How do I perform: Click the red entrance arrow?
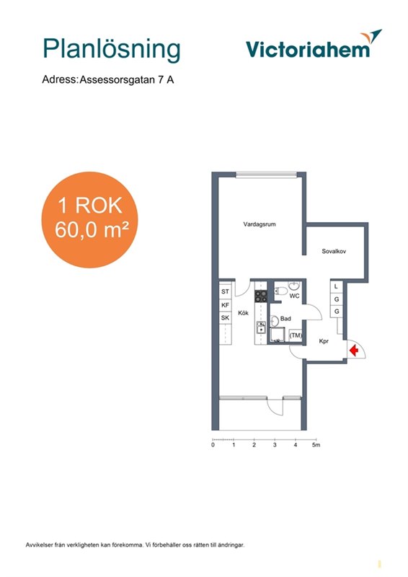pos(354,351)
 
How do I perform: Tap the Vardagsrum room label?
pos(260,224)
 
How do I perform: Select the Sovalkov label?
pos(334,251)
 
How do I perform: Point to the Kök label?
pos(243,313)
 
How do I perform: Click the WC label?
pos(294,296)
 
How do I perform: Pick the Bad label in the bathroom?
pos(285,319)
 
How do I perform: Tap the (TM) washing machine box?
pos(296,335)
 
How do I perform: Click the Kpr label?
pos(324,341)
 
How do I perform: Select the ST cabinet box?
pos(225,291)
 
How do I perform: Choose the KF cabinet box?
pos(225,305)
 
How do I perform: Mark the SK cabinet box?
pos(225,317)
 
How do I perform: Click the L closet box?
pos(336,286)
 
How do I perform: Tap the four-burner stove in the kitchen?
pos(261,296)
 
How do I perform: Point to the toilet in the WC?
pos(281,291)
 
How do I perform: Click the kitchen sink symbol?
pos(261,327)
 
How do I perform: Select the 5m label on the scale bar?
pos(316,445)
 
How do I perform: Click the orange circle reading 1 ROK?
pos(89,220)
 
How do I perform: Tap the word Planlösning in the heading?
pos(112,48)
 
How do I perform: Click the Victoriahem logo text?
pos(308,49)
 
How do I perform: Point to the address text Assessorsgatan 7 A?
pos(127,80)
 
